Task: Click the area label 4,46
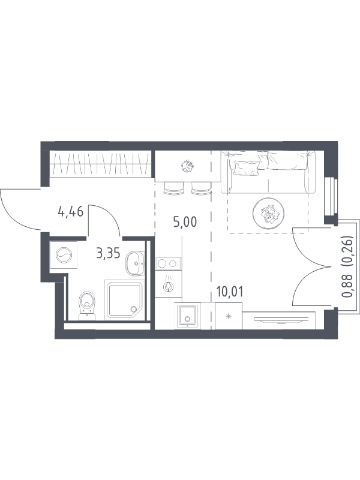click(70, 212)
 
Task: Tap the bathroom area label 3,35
click(108, 253)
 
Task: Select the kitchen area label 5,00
click(185, 222)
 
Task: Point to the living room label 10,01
click(230, 292)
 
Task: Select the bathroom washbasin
click(134, 263)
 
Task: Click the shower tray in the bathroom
click(124, 299)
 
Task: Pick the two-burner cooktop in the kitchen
click(168, 263)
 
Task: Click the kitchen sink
click(187, 316)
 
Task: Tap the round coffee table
click(268, 213)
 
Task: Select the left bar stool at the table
click(174, 188)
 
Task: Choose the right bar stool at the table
click(201, 188)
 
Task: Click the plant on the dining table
click(187, 166)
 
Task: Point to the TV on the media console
click(279, 320)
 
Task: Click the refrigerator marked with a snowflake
click(229, 316)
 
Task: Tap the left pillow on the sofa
click(247, 169)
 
